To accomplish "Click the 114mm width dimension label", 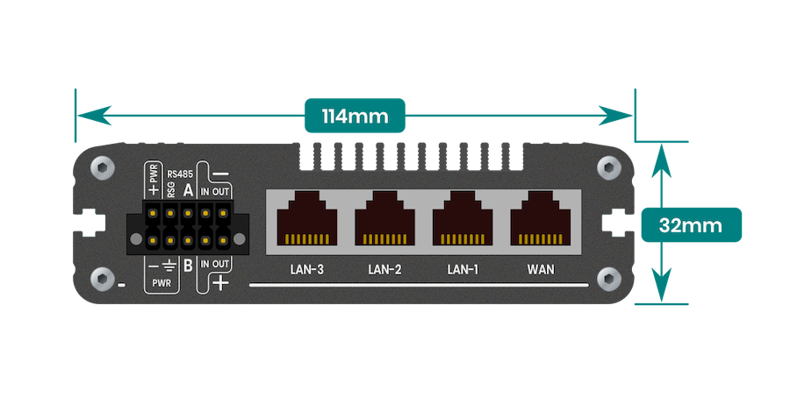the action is coord(355,116).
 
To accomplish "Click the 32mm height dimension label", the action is coord(691,225).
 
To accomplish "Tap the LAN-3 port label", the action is coord(307,270).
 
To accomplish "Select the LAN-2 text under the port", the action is coord(385,270).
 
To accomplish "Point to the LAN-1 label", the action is coord(463,270).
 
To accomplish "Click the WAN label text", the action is coord(541,270).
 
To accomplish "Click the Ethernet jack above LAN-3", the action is coord(307,217).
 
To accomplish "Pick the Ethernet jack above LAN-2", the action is coord(385,217).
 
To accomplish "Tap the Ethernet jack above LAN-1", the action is coord(463,217).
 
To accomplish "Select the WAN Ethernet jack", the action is coord(541,217).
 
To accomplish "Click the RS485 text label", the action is coord(180,174).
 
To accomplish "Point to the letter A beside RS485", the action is coord(188,190).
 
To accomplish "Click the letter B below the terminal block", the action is coord(188,265).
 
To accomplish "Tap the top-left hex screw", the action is coord(103,167).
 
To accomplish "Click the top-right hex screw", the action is coord(608,167).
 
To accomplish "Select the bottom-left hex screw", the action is coord(103,279).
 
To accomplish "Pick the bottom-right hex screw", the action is coord(608,279).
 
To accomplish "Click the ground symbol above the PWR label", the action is coord(169,265).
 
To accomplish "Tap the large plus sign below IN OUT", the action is coord(220,283).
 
